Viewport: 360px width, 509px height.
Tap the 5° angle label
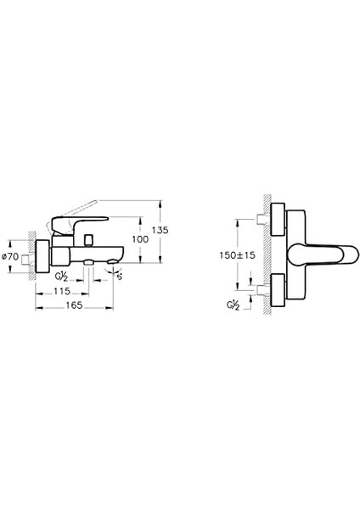120,274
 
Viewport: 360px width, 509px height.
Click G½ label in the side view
63,275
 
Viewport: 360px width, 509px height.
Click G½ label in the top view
233,304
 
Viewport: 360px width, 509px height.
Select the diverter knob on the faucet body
88,266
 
